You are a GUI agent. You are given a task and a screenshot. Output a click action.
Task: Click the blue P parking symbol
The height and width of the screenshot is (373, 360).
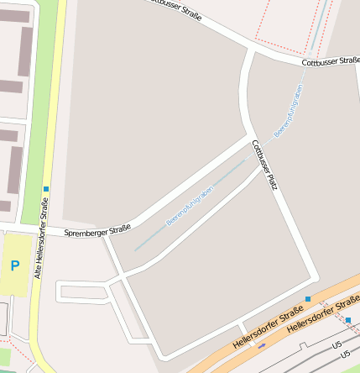point(14,265)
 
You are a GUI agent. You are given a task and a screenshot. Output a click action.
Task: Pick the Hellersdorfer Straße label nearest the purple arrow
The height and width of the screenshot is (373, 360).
point(268,328)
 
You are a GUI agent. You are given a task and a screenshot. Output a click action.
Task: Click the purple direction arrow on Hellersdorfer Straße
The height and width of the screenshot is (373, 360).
point(262,345)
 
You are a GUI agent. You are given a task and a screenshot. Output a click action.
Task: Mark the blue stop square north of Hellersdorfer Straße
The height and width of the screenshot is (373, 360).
point(308,299)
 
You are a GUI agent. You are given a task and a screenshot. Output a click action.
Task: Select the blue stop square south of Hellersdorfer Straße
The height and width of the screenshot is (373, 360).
point(348,320)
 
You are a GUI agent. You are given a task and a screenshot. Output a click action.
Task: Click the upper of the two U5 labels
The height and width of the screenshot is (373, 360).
point(337,345)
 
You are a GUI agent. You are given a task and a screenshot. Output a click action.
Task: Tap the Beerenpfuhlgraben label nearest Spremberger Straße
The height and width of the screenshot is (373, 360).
point(189,206)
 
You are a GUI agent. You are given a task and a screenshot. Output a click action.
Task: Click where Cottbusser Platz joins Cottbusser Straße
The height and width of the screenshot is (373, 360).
point(252,51)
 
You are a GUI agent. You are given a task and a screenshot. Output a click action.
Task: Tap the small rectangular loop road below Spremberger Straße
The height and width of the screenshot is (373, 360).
point(84,292)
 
